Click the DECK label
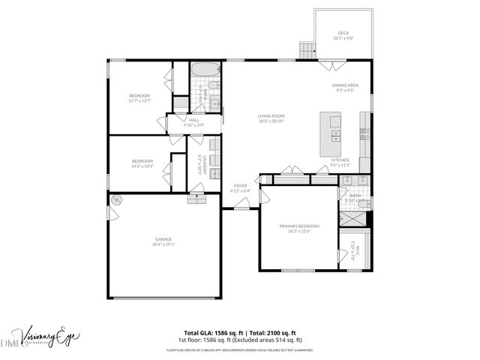(x=343, y=33)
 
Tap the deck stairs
(x=307, y=51)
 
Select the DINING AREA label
(x=345, y=85)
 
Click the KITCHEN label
(x=340, y=160)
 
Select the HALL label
(x=193, y=120)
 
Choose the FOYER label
(x=240, y=185)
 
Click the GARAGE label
(x=163, y=239)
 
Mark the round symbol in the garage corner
(x=117, y=200)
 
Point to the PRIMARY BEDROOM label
(x=299, y=226)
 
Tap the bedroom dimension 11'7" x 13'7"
(x=140, y=100)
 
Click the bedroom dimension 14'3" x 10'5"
(x=142, y=166)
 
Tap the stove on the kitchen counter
(x=364, y=135)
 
